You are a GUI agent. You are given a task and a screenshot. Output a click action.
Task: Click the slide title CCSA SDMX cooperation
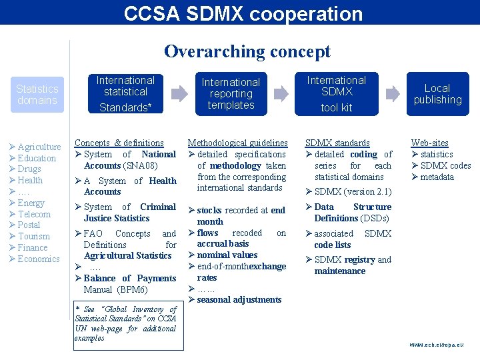(243, 13)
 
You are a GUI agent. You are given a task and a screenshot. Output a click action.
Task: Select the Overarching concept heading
(247, 51)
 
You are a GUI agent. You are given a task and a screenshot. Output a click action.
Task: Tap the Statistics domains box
(37, 94)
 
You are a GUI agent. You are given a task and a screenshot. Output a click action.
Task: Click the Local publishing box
(437, 94)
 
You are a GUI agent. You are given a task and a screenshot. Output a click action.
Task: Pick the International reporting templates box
(231, 93)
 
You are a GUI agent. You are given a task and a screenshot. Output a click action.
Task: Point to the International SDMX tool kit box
(336, 93)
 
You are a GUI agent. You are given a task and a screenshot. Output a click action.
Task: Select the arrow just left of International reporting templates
(179, 93)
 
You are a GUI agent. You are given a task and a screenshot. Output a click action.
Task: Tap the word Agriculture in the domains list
(39, 147)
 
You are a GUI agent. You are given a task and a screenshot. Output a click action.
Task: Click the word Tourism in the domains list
(33, 237)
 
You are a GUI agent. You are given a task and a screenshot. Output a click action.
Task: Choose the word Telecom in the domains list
(34, 214)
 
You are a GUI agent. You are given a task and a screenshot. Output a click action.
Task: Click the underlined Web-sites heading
(429, 143)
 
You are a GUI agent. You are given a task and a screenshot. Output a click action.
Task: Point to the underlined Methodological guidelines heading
(237, 143)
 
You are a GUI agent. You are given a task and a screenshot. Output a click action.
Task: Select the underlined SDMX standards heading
(337, 143)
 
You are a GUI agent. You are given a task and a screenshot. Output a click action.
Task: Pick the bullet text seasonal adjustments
(239, 300)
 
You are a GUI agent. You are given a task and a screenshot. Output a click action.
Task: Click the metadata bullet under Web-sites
(437, 177)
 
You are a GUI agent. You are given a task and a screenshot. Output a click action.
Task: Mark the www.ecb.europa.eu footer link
(436, 345)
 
